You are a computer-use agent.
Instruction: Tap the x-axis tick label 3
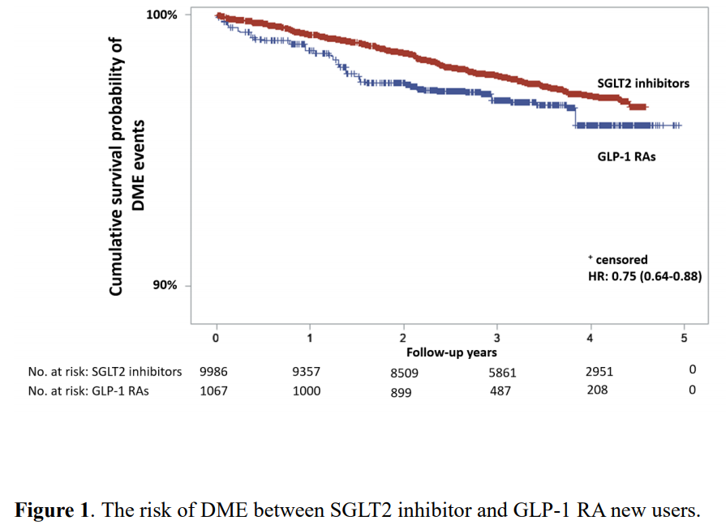[x=496, y=337]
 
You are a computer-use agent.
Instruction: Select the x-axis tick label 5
[x=684, y=337]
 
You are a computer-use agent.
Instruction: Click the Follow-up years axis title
[x=452, y=353]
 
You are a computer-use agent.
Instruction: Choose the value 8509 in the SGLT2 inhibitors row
[x=403, y=373]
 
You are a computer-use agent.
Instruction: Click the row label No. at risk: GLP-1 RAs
[x=88, y=390]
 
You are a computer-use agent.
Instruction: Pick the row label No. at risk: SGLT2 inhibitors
[x=105, y=372]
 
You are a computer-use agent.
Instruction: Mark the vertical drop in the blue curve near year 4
[x=575, y=114]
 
